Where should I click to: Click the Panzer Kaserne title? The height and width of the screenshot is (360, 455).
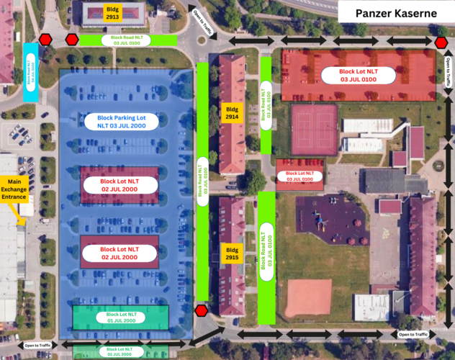(396, 14)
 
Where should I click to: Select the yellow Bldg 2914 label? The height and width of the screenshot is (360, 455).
(231, 113)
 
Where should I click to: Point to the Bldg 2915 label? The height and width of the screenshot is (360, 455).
(231, 255)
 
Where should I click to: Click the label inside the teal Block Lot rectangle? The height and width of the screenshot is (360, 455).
(121, 318)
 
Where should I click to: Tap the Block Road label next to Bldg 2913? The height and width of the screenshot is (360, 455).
(126, 40)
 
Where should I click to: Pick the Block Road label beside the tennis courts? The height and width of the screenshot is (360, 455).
(266, 109)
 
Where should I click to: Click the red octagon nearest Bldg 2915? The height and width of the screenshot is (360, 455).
(202, 310)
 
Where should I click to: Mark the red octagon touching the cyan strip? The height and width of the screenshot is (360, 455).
(45, 40)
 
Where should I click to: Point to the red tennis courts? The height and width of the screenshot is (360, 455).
(315, 130)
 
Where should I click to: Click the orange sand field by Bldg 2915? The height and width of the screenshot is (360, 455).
(310, 295)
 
